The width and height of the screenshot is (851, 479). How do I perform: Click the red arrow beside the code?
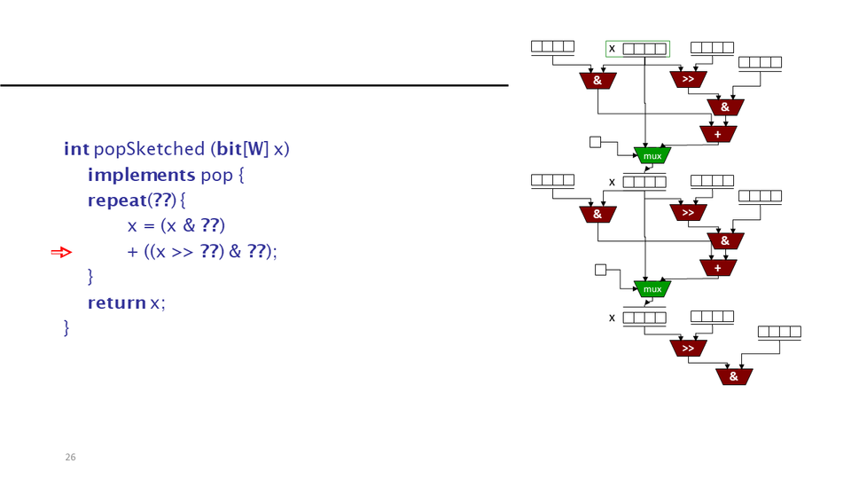60,253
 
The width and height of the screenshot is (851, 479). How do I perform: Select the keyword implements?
141,175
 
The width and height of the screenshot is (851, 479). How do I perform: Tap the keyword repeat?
116,200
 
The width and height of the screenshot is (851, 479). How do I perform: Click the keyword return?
116,303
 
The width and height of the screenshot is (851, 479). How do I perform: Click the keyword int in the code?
76,149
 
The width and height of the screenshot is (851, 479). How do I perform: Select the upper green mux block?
652,155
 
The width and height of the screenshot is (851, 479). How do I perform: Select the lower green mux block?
652,288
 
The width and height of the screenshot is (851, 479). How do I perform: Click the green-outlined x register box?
638,49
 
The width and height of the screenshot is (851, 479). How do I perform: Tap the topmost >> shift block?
688,80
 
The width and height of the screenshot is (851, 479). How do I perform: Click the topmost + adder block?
718,134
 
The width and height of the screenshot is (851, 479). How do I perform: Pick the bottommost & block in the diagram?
734,376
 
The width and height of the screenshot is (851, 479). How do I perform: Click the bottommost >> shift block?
688,349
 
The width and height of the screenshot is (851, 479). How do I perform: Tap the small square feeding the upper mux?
596,141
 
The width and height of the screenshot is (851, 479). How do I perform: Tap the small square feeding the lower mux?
600,270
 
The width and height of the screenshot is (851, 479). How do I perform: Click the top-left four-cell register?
552,47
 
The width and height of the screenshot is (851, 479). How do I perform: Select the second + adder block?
718,267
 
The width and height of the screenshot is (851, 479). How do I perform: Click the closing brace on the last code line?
66,328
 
